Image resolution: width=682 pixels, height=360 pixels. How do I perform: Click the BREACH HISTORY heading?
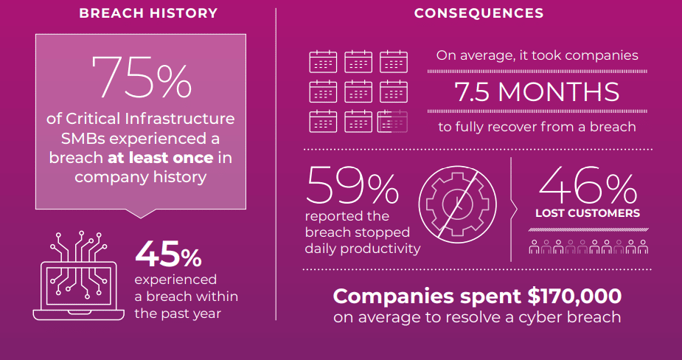148,13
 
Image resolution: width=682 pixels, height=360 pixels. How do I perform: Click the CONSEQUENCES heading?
479,13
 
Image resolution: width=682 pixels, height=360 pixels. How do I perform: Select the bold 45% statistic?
168,255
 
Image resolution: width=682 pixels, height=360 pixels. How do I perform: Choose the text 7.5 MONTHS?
537,92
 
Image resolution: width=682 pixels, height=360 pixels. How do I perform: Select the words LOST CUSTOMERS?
588,214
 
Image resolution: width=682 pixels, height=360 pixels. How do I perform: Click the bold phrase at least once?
160,158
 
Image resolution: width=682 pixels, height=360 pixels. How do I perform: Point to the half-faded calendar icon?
393,121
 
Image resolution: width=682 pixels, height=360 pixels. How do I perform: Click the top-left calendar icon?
322,62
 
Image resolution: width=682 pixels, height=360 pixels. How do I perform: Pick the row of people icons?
588,246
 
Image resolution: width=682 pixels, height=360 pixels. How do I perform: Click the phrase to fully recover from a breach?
537,127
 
